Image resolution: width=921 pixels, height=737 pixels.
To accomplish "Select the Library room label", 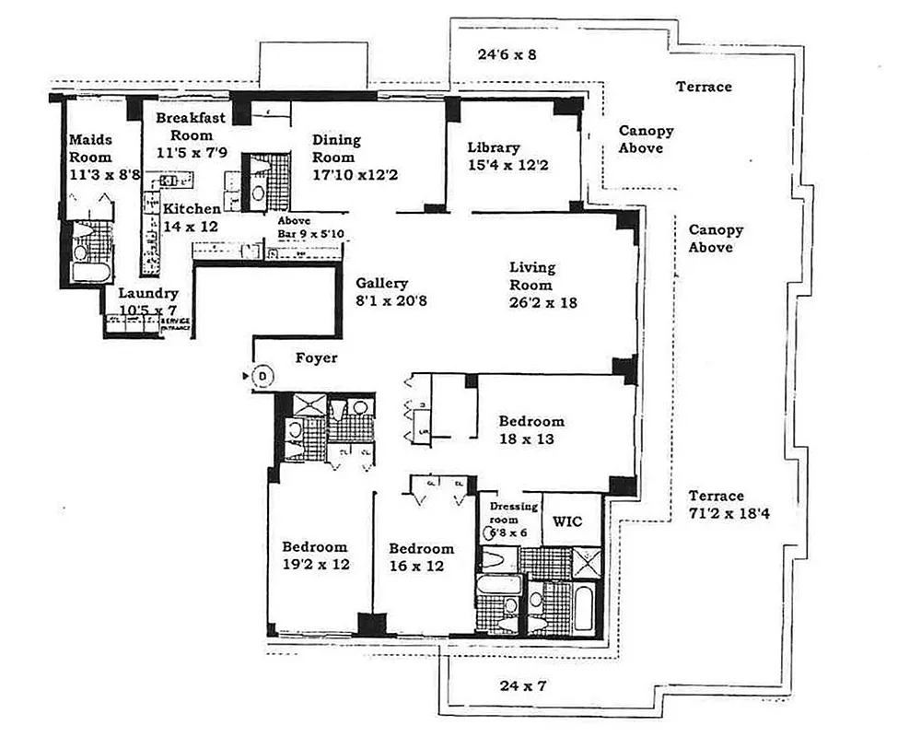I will [x=494, y=147].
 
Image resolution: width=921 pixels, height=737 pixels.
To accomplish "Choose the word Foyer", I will [x=316, y=358].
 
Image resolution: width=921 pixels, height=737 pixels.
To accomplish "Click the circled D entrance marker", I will [x=262, y=375].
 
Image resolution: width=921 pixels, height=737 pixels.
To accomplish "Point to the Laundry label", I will [x=148, y=294].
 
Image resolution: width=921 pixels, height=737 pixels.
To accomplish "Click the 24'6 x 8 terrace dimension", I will [x=507, y=54].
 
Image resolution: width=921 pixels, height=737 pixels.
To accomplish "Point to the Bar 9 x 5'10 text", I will [x=310, y=234].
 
